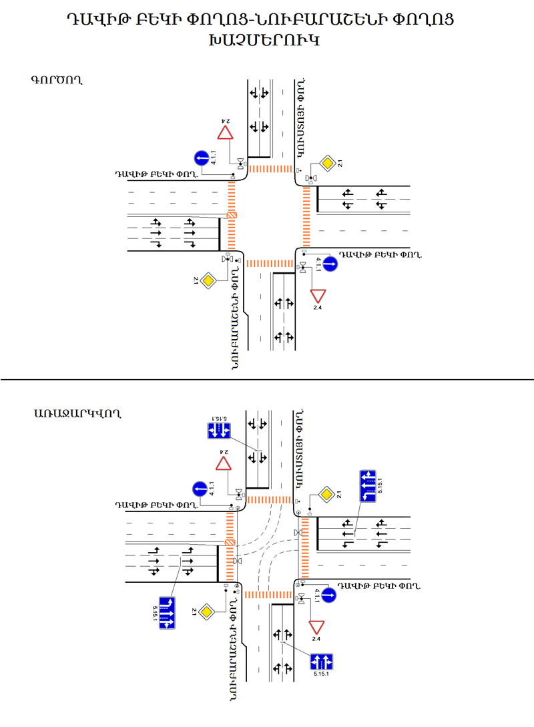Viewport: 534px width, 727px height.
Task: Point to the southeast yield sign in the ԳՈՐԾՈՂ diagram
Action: [x=317, y=295]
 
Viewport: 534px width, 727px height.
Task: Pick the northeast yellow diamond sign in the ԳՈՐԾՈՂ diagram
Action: [x=327, y=162]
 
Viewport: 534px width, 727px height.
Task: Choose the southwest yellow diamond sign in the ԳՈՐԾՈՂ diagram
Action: [x=208, y=280]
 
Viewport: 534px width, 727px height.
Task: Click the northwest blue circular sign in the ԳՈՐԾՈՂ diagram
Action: [x=202, y=158]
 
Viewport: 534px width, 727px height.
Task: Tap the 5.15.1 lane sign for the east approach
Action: [x=368, y=485]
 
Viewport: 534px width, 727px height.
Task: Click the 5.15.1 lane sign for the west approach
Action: [x=169, y=610]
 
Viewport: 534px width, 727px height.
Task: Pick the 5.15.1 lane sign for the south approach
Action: [x=321, y=662]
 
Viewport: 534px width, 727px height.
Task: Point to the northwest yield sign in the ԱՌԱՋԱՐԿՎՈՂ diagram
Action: [x=225, y=464]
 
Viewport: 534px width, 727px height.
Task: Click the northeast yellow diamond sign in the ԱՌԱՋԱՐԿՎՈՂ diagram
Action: [x=327, y=495]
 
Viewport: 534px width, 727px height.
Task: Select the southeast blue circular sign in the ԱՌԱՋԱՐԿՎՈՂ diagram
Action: [x=329, y=595]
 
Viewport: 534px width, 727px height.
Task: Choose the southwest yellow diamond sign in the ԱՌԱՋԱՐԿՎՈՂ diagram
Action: [x=208, y=610]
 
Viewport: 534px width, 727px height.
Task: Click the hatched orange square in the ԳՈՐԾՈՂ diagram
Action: [x=232, y=216]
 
